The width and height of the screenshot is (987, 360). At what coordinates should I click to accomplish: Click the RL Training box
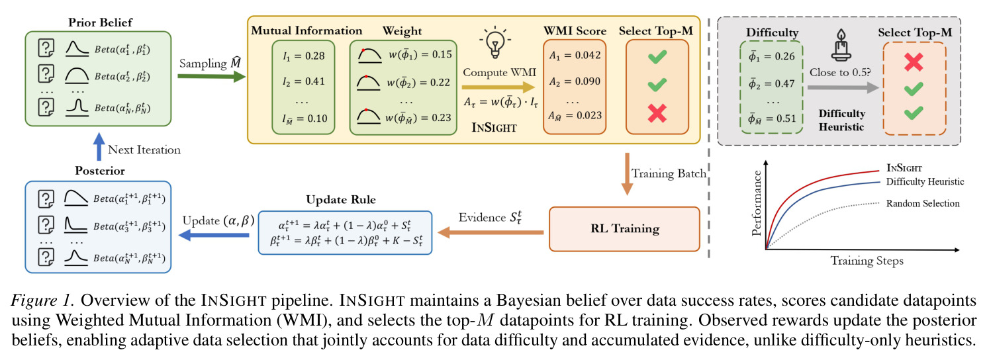point(624,229)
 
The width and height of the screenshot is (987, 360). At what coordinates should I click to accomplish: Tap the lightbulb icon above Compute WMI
point(494,42)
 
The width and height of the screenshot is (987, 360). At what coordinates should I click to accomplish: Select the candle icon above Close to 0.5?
point(841,45)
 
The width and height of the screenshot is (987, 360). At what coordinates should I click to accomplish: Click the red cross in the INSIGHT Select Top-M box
point(657,113)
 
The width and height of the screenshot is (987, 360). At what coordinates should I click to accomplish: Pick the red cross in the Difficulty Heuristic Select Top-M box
point(914,62)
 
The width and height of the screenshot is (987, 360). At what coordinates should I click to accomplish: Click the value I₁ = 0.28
point(304,56)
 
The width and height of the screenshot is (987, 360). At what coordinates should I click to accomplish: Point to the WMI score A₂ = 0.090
point(575,81)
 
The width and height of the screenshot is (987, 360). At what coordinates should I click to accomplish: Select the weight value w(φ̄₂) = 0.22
point(418,83)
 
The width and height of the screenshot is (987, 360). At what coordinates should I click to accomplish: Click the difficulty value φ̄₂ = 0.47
point(771,83)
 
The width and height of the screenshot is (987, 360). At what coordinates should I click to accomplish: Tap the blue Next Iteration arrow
point(99,147)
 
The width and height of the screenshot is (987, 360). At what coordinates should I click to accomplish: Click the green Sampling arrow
point(212,76)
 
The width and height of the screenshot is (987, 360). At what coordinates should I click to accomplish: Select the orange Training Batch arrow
point(627,174)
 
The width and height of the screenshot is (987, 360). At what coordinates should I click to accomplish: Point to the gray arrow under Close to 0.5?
point(843,87)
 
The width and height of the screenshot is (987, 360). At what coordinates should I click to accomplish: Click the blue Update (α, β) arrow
point(214,235)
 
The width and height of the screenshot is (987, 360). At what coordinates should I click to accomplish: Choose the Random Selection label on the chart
point(923,203)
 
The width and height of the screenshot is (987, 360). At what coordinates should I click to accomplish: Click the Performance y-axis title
point(757,203)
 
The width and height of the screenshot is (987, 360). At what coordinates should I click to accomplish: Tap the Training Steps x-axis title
point(867,261)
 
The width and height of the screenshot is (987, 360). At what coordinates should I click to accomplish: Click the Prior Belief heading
point(100,22)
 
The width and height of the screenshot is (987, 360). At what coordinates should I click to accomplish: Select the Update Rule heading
point(341,200)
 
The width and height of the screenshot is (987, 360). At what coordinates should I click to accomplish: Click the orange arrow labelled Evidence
point(491,232)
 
